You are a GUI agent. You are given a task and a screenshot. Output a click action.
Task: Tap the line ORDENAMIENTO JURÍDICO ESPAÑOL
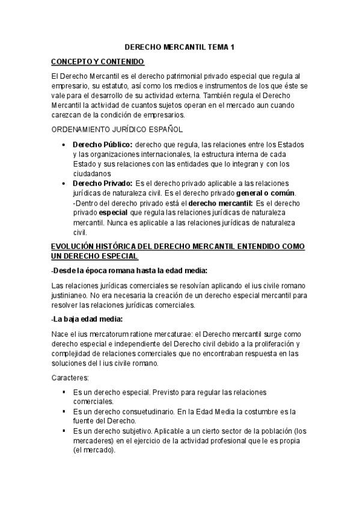tap(117, 129)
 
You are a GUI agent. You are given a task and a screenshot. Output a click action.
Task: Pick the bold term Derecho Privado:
tap(102, 183)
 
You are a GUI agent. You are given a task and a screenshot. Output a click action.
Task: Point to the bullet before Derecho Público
tap(64, 145)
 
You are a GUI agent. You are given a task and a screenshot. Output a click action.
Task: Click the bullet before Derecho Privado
tap(64, 183)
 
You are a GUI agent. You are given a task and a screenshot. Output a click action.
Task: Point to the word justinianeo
tap(70, 296)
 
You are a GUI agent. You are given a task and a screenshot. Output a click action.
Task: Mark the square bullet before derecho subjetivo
tap(64, 431)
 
